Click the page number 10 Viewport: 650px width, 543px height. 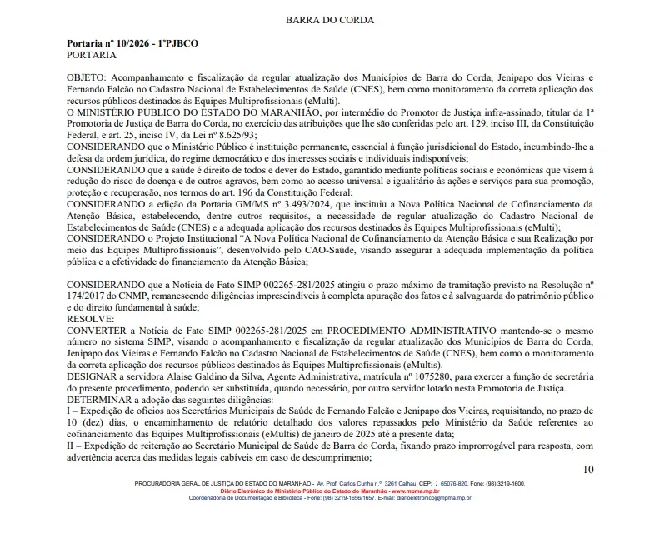pos(588,469)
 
